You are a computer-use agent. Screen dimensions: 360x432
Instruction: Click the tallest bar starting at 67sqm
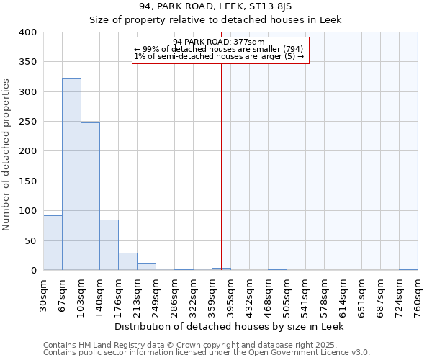[x=71, y=174]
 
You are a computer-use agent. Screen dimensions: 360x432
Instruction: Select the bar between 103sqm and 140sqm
[x=90, y=197]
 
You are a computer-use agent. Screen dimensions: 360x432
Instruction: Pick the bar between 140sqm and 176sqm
[x=109, y=245]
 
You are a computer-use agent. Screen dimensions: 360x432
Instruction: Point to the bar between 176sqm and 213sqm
[x=127, y=261]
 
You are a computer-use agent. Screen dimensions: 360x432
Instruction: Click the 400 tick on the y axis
[x=27, y=32]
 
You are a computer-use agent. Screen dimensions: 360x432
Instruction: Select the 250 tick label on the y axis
[x=27, y=122]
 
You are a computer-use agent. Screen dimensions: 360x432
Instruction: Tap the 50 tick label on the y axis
[x=30, y=240]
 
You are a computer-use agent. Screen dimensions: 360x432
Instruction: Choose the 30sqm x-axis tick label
[x=43, y=294]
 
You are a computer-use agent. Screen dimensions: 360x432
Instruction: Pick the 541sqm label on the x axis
[x=305, y=296]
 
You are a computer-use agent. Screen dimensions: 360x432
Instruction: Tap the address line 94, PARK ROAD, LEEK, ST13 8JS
[x=215, y=6]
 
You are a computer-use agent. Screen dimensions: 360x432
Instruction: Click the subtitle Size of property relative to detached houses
[x=215, y=19]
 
